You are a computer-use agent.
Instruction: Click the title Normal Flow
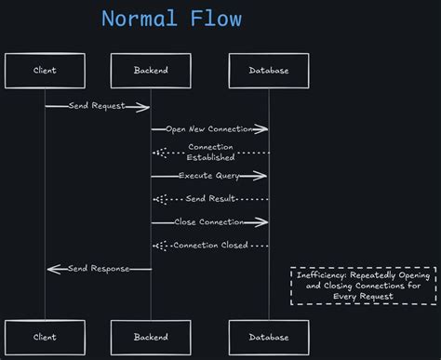[172, 19]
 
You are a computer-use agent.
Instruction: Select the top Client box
[45, 71]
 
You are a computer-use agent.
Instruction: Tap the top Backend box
[151, 71]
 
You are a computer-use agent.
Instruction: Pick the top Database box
[269, 71]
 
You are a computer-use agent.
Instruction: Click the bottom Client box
[45, 337]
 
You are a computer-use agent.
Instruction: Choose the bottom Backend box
[151, 337]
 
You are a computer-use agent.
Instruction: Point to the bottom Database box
[269, 337]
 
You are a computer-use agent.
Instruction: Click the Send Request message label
[97, 106]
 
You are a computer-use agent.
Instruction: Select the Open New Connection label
[210, 129]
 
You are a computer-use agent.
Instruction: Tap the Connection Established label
[211, 153]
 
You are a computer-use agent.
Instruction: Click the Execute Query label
[209, 176]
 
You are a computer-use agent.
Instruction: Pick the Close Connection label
[209, 222]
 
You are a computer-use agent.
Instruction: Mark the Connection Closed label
[210, 246]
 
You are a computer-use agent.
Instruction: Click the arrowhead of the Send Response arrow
[50, 269]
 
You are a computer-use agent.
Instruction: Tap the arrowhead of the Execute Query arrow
[264, 176]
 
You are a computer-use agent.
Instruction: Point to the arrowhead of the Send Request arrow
[146, 106]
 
